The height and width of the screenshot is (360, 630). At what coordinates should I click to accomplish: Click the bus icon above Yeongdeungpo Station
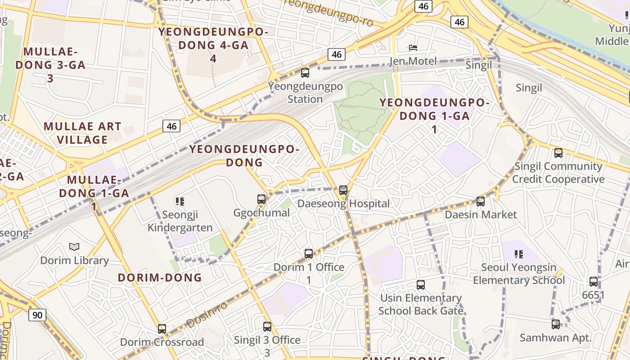[x=305, y=72]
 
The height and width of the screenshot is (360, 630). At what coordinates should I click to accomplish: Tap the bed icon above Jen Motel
[x=413, y=48]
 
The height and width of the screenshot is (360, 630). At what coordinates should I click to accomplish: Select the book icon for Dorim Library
[x=74, y=247]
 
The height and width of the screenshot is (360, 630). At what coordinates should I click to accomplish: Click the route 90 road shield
[x=37, y=315]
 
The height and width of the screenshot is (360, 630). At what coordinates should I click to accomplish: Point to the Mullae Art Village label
[x=83, y=133]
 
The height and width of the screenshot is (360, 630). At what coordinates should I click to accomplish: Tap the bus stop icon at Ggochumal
[x=261, y=199]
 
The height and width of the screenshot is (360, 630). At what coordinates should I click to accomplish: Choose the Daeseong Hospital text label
[x=344, y=203]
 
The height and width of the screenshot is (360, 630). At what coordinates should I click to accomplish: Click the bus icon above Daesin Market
[x=481, y=201]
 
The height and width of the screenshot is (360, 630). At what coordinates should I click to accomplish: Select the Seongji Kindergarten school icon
[x=180, y=201]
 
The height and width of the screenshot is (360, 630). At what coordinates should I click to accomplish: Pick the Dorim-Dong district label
[x=160, y=277]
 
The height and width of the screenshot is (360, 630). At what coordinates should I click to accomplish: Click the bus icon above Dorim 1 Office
[x=309, y=253]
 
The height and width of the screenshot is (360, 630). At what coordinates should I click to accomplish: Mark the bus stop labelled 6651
[x=594, y=282]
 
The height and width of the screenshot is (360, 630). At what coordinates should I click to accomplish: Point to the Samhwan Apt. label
[x=555, y=337]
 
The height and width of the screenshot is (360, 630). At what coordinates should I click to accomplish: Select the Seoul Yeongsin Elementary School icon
[x=519, y=254]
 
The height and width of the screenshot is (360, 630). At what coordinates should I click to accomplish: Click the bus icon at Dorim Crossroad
[x=162, y=328]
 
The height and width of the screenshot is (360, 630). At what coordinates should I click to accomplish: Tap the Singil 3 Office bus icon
[x=267, y=326]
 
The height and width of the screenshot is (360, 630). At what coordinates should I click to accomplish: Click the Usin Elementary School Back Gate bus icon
[x=421, y=284]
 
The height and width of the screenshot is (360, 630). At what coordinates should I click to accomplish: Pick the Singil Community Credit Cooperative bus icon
[x=558, y=153]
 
